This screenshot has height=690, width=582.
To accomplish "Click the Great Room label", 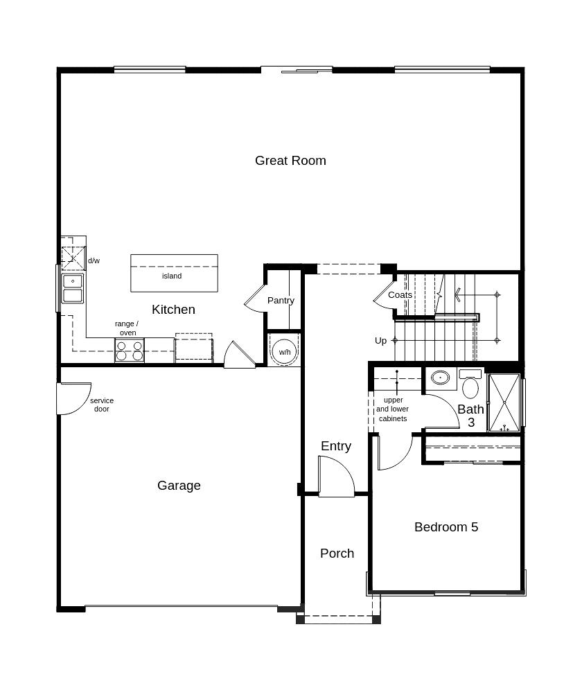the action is tap(290, 161).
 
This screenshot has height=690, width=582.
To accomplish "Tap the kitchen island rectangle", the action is tap(175, 273).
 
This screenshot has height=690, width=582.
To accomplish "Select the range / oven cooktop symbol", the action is tap(130, 351).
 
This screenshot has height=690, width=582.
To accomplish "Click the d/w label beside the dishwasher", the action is tap(94, 260).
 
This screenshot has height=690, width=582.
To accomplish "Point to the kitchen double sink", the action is tap(73, 288).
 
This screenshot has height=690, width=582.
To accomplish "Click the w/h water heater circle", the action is tap(285, 352).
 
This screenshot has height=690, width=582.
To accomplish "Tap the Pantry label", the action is tap(281, 301).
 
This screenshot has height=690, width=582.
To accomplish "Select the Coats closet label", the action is tap(400, 295).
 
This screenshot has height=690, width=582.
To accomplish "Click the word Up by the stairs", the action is tap(381, 341).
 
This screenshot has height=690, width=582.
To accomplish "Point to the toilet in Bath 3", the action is tap(470, 384).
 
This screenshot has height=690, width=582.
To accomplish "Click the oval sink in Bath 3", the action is tap(440, 378).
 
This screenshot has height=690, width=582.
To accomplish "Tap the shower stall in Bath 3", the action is tap(504, 402).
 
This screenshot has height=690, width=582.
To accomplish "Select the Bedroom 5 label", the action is tap(446, 527).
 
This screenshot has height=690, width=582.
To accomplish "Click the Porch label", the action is tap(337, 554).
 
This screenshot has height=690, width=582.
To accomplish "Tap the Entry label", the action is tap(336, 446).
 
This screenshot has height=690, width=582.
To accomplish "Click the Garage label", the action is tap(179, 486).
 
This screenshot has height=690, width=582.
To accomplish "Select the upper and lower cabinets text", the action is tap(393, 409).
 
